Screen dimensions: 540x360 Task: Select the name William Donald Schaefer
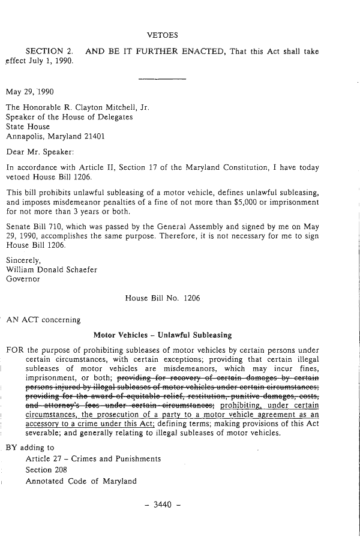point(50,269)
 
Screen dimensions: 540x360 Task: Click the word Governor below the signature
point(23,278)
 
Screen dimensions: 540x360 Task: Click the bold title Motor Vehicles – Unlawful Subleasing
point(163,334)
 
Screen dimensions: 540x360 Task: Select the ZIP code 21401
point(94,136)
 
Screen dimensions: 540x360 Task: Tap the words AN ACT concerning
point(43,319)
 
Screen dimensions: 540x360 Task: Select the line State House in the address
point(28,127)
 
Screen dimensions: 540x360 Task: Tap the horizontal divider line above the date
point(162,78)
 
